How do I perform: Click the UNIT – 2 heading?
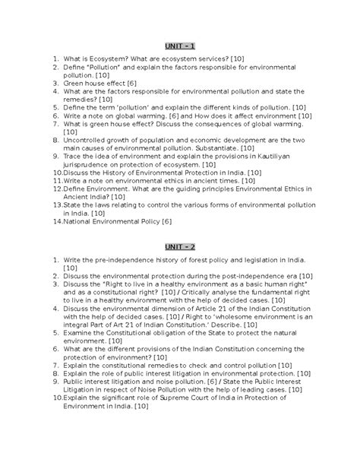(180, 248)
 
